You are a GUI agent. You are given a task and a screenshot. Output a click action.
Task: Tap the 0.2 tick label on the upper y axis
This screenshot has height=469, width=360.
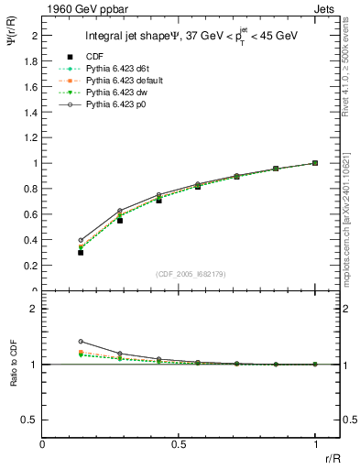(30, 266)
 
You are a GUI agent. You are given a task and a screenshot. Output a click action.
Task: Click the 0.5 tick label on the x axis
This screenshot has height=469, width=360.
(179, 445)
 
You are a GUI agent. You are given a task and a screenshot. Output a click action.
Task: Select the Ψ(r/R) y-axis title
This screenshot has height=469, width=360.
(12, 51)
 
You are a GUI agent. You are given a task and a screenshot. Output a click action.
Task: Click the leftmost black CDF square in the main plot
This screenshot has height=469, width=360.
(81, 252)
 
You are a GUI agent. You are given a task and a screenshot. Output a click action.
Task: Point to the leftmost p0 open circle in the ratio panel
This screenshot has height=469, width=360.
(81, 341)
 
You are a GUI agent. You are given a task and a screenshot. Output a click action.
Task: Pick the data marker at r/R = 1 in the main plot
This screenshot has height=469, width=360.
(315, 163)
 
